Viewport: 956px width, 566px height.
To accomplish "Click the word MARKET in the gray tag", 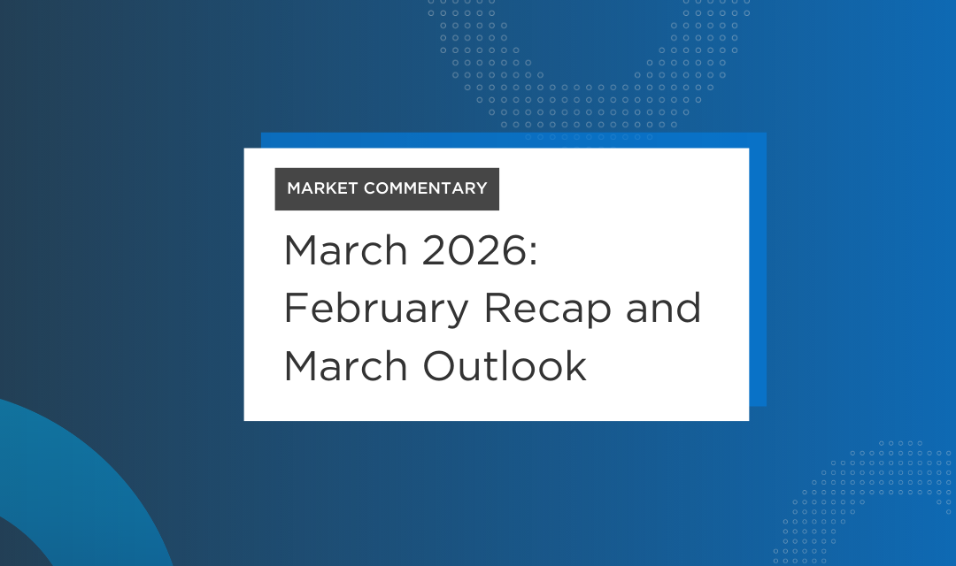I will click(x=322, y=188).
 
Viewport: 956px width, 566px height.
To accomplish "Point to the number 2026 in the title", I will click(x=471, y=252).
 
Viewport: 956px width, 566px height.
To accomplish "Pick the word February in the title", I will click(x=374, y=310).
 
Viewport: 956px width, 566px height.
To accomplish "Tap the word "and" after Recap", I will click(x=665, y=308).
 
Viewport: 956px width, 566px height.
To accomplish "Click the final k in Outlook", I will click(x=576, y=365).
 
